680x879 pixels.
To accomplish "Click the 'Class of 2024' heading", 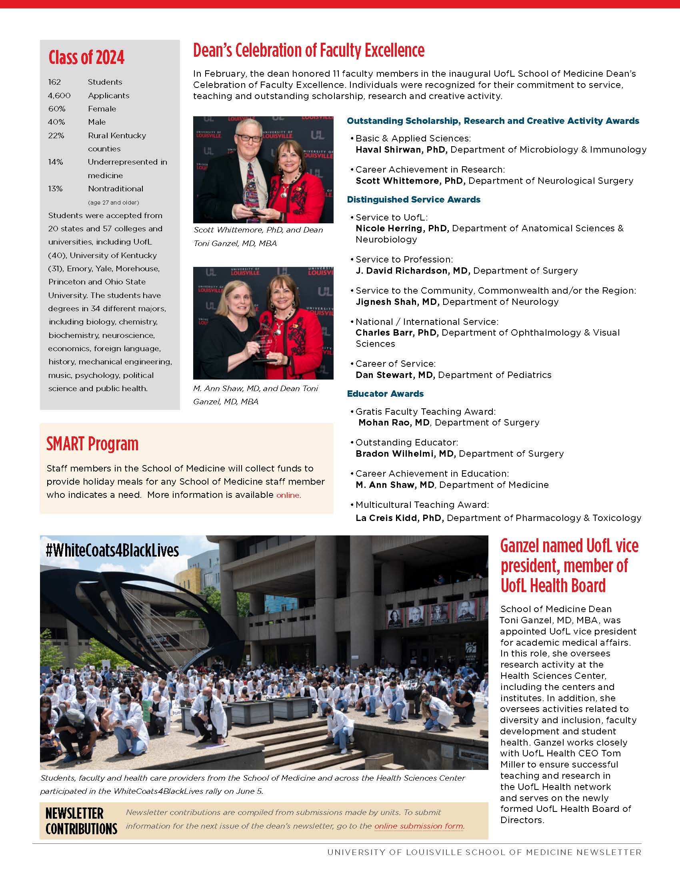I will point(86,58).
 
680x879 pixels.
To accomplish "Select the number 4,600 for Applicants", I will point(59,95).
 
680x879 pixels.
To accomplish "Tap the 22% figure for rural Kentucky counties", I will point(56,135).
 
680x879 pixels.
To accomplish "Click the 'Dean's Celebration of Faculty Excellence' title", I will point(308,51).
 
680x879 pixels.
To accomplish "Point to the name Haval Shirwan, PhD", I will point(401,150).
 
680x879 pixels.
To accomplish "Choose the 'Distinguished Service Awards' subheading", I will point(413,200).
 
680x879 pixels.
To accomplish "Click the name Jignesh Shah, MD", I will point(397,302).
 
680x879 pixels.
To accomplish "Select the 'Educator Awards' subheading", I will point(385,394).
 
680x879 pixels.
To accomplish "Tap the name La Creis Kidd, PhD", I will point(399,518).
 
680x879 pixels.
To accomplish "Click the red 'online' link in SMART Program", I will point(288,495).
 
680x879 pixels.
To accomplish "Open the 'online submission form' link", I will point(418,826).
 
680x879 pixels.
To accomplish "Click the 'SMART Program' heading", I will point(92,444).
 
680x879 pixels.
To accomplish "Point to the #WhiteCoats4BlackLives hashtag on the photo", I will point(112,550).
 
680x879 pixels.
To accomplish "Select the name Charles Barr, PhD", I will point(397,333).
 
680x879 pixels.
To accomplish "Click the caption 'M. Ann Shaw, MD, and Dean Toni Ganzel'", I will point(256,395).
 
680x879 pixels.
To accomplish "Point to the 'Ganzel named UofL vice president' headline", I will point(569,565).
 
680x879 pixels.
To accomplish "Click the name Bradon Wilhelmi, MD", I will point(405,453).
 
